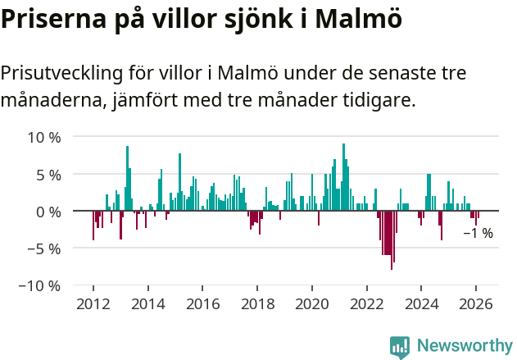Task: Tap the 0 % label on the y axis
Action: pyautogui.click(x=47, y=212)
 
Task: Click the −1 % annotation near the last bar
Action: pyautogui.click(x=478, y=234)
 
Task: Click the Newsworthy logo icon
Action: pyautogui.click(x=400, y=347)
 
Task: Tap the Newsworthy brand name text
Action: pyautogui.click(x=464, y=346)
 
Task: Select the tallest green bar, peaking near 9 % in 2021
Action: pyautogui.click(x=343, y=177)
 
